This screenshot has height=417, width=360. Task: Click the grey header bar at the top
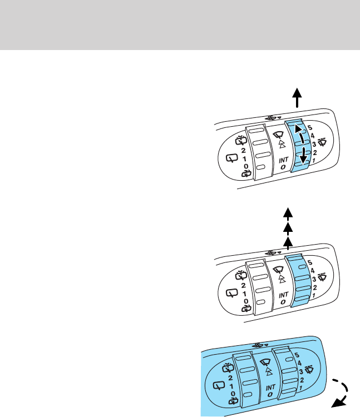pos(180,24)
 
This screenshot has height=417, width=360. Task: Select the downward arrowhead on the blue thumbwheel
pos(303,160)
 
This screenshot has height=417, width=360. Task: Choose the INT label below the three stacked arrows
pos(284,295)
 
